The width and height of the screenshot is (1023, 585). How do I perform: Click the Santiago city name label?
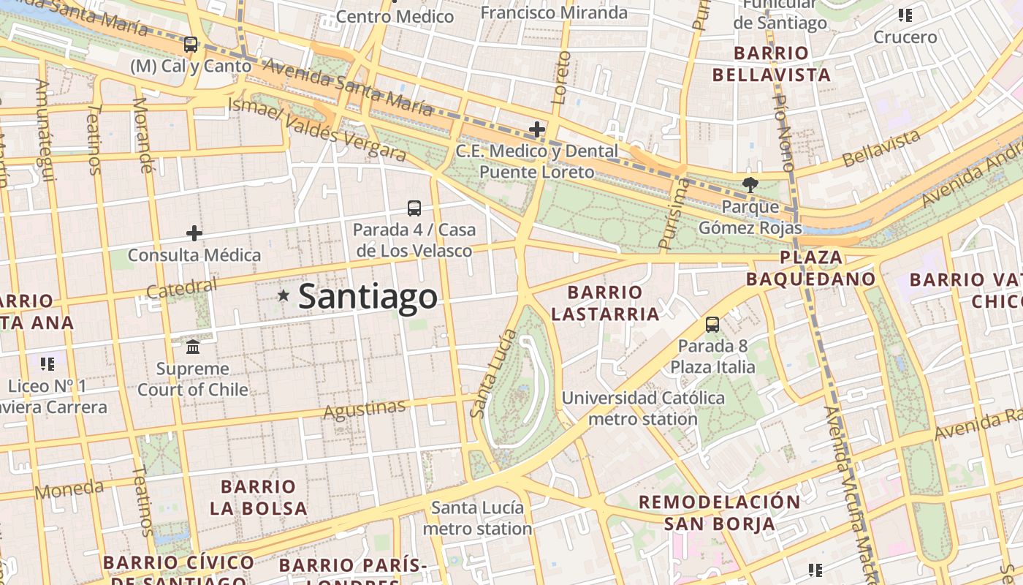tap(368, 297)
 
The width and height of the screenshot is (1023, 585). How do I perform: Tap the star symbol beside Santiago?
tap(284, 295)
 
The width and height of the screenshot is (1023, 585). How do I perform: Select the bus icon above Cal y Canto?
tap(191, 45)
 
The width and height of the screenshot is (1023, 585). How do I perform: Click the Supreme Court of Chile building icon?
tap(193, 346)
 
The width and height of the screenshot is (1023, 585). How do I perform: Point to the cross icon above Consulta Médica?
tap(194, 233)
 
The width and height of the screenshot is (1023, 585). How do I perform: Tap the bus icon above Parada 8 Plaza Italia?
tap(712, 324)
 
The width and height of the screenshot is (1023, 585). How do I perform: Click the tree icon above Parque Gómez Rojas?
tap(750, 185)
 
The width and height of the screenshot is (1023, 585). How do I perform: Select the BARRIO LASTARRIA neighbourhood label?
tap(605, 303)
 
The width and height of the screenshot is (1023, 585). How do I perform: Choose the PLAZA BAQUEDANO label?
tap(811, 268)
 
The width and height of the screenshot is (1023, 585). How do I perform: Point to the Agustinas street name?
tap(364, 410)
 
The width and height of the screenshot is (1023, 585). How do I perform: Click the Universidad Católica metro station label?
tap(643, 409)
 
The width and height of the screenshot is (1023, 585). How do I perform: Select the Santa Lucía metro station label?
tap(477, 518)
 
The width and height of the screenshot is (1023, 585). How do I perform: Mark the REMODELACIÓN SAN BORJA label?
tap(720, 513)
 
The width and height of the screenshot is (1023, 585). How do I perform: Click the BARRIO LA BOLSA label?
tap(258, 497)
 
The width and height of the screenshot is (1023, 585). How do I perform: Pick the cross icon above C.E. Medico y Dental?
tap(537, 130)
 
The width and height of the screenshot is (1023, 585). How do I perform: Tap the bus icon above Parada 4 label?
tap(414, 208)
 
